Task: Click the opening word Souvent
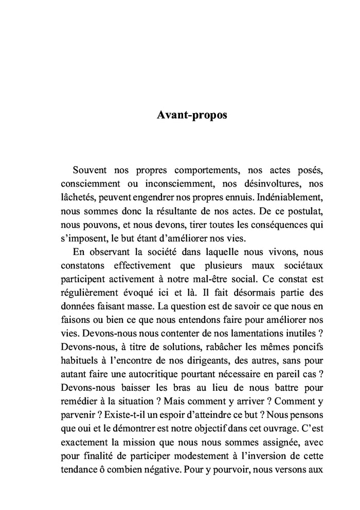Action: point(89,169)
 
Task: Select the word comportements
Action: point(207,169)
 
